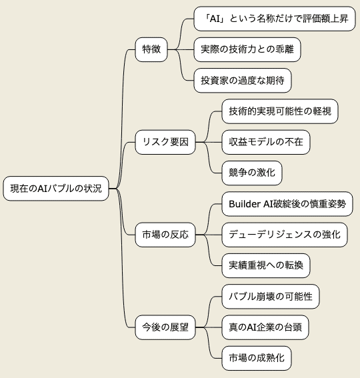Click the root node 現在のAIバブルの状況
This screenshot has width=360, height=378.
tap(56, 188)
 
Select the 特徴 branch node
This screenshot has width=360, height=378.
tap(151, 49)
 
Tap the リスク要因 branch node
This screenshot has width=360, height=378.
tap(165, 142)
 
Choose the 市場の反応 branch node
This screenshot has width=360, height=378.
tap(165, 235)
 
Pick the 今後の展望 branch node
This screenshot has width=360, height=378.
tap(165, 327)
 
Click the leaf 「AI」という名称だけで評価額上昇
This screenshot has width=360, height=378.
tap(275, 19)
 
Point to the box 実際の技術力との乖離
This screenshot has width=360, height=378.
tap(247, 49)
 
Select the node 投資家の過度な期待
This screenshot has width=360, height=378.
tap(243, 80)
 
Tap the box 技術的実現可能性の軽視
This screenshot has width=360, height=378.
tap(280, 111)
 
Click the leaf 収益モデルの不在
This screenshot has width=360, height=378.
tap(266, 142)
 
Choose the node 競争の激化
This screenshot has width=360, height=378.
tap(252, 173)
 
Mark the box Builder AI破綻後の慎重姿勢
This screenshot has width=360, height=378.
tap(287, 204)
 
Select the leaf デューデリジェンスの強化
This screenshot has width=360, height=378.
tap(285, 235)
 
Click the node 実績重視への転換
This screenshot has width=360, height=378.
tap(266, 265)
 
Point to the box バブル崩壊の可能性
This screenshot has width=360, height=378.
tap(271, 296)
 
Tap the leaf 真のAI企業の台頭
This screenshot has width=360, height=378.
tap(265, 327)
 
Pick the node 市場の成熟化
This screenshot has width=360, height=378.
tap(257, 358)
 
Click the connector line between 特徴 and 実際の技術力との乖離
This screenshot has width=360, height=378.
tap(181, 49)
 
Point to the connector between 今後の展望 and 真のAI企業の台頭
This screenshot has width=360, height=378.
tap(209, 327)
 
